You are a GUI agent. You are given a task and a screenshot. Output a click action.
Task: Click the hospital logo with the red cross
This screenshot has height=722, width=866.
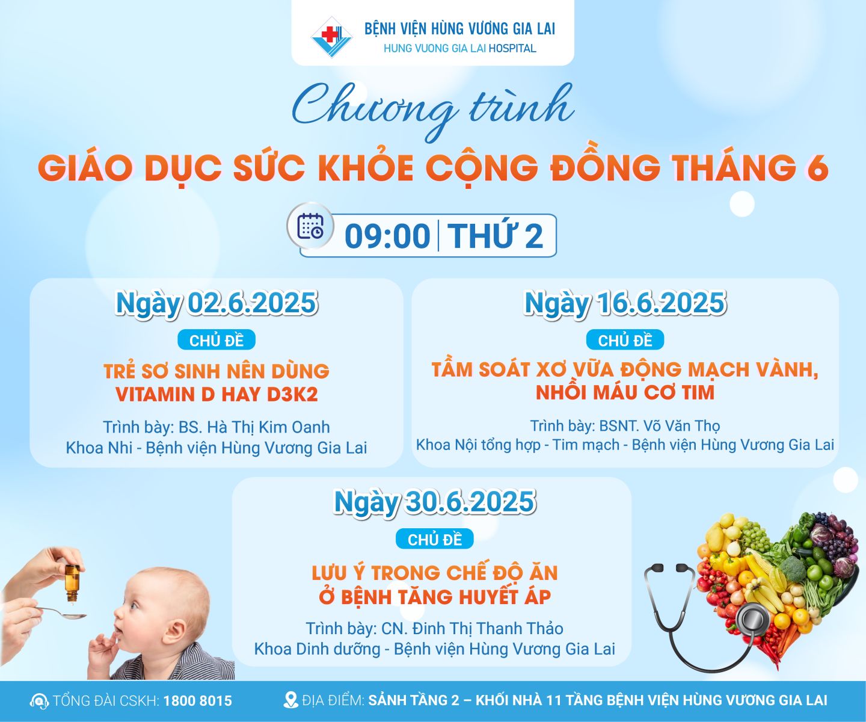[x=331, y=37]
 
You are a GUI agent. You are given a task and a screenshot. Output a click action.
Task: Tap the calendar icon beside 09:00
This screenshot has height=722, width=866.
[x=310, y=226]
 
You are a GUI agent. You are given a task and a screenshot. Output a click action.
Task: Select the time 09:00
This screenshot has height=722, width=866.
[x=387, y=236]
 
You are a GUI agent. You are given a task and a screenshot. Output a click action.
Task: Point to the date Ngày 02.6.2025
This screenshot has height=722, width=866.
[x=216, y=303]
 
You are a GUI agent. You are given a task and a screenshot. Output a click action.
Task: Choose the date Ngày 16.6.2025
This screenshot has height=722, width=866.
[x=625, y=303]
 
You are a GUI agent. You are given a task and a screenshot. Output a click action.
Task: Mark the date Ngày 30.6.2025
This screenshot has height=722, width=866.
[x=435, y=502]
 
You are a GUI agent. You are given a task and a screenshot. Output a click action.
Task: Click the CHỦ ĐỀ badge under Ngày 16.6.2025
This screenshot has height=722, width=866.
[x=625, y=341]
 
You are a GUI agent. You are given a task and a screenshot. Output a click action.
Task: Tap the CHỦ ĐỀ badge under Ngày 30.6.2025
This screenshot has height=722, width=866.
[x=435, y=539]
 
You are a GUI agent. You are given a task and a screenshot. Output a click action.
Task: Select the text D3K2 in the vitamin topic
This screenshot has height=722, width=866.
[x=292, y=395]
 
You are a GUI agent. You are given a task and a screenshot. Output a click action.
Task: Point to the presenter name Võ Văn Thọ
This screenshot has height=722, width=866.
[x=681, y=426]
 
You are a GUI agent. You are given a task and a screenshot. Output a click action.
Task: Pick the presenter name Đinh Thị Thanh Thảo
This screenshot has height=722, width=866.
[x=488, y=628]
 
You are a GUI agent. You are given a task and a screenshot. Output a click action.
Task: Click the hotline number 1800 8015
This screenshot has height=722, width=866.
[x=197, y=701]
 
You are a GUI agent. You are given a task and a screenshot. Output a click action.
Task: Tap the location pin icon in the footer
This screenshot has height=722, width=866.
[x=290, y=700]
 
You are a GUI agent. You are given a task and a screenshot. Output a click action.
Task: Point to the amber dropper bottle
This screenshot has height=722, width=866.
[x=72, y=582]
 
